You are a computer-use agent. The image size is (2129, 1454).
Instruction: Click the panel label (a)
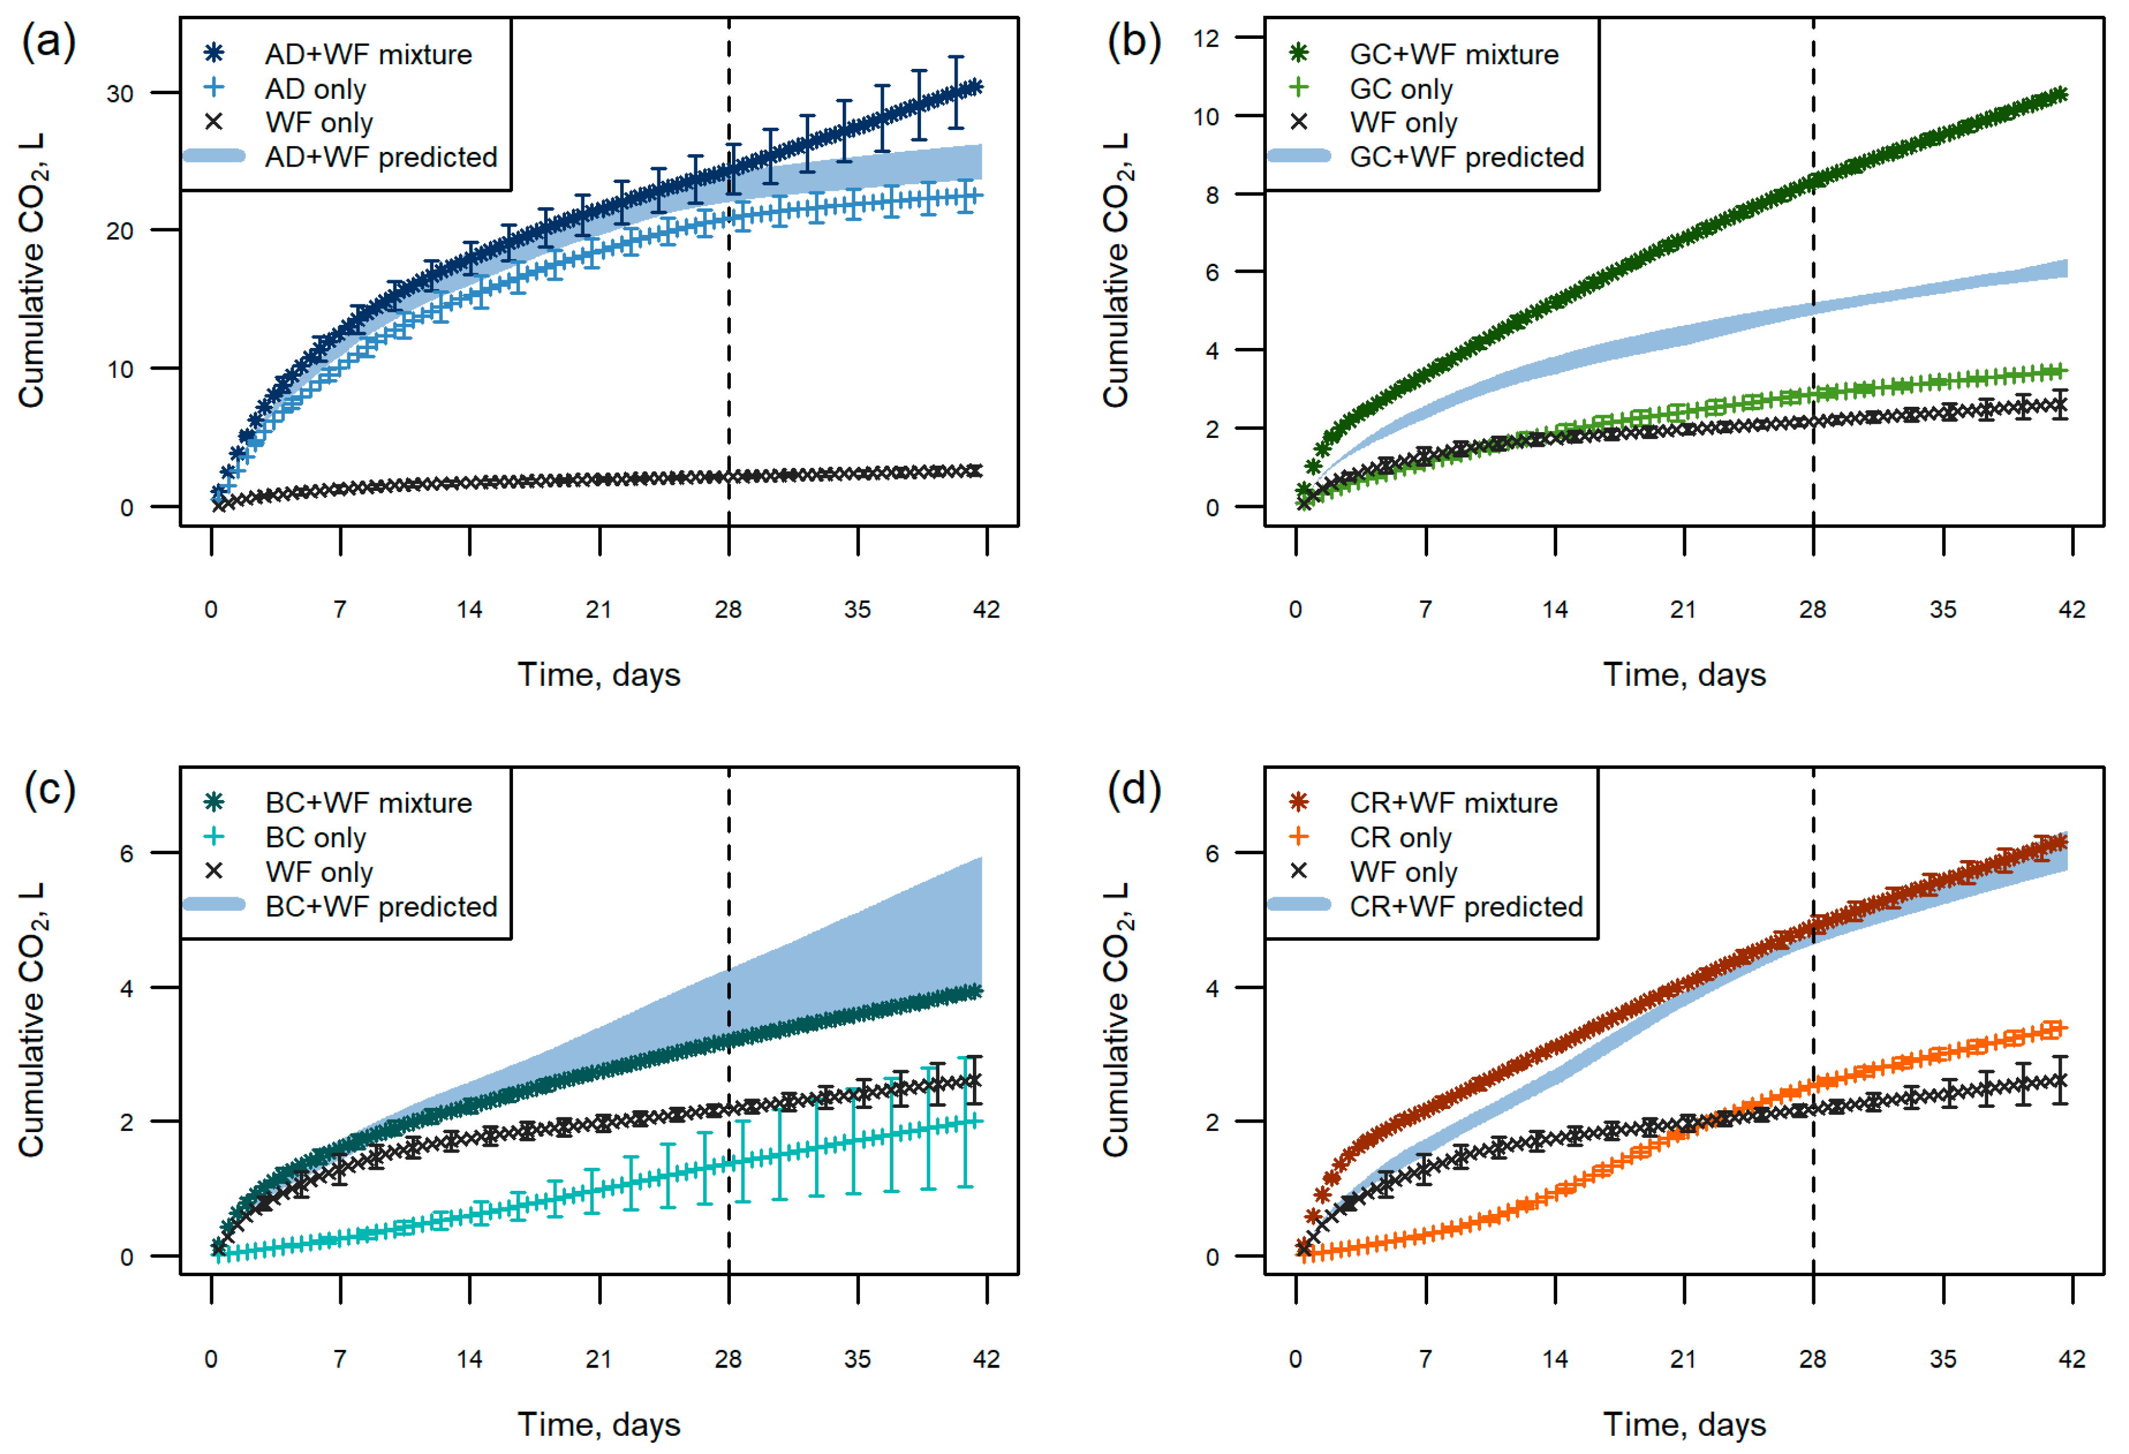click(x=48, y=42)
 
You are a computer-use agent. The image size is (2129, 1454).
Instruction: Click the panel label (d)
click(x=1134, y=789)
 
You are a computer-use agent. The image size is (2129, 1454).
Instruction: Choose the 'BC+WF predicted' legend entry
click(x=381, y=907)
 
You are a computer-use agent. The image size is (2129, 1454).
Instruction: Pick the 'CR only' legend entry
click(x=1400, y=838)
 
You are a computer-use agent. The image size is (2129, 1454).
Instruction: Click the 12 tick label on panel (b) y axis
click(x=1207, y=38)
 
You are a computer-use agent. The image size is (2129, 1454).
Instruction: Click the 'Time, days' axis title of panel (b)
click(x=1684, y=675)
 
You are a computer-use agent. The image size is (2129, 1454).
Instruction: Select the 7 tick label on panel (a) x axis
click(x=340, y=610)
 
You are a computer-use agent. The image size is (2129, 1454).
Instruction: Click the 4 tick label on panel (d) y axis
click(x=1212, y=988)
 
